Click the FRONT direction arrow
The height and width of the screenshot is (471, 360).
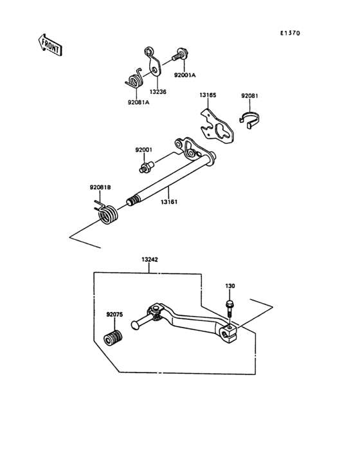tap(50, 45)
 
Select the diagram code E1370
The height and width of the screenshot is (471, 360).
tap(290, 33)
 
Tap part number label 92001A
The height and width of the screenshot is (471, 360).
tap(184, 75)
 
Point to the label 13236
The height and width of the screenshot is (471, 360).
tap(157, 91)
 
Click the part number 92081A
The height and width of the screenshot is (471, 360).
tap(139, 102)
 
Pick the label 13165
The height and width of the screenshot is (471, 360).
tap(208, 95)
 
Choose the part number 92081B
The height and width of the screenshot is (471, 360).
tap(100, 187)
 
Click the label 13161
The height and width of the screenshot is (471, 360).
tap(169, 202)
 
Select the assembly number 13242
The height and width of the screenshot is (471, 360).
tap(150, 259)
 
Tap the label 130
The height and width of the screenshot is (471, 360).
tap(230, 286)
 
